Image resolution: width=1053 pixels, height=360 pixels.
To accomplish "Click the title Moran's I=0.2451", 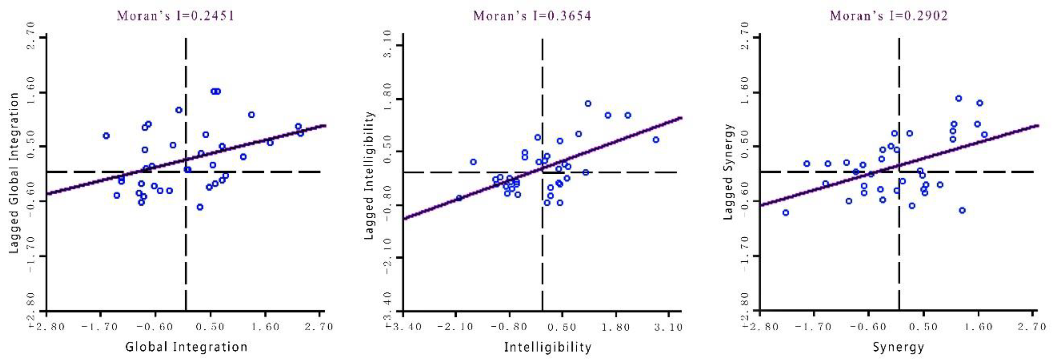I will (x=176, y=16).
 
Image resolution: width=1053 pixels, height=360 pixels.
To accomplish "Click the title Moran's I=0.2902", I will (x=889, y=16).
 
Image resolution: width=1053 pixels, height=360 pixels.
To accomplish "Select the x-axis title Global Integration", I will (x=186, y=347).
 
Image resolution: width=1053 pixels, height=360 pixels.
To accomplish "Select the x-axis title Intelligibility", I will (x=547, y=347).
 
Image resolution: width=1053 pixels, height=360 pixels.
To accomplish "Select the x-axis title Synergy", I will (x=899, y=347).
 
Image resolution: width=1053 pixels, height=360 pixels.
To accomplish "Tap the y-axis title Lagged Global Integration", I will (x=14, y=173).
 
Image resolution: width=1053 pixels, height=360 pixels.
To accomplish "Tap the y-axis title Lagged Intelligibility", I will (x=369, y=175).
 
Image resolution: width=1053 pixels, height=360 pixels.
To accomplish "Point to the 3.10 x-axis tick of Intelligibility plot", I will (x=668, y=327).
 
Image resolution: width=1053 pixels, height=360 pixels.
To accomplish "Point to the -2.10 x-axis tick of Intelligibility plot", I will (x=455, y=327).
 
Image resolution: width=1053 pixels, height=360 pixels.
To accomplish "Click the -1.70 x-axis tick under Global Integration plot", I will (x=100, y=327).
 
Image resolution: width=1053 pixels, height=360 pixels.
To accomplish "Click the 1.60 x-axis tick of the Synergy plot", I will (x=978, y=327).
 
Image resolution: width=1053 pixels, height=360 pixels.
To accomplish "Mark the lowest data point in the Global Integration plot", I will (x=200, y=207).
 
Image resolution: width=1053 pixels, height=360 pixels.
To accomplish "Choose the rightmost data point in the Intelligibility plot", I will (x=656, y=140).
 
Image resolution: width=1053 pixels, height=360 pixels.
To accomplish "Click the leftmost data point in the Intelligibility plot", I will (x=459, y=198).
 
